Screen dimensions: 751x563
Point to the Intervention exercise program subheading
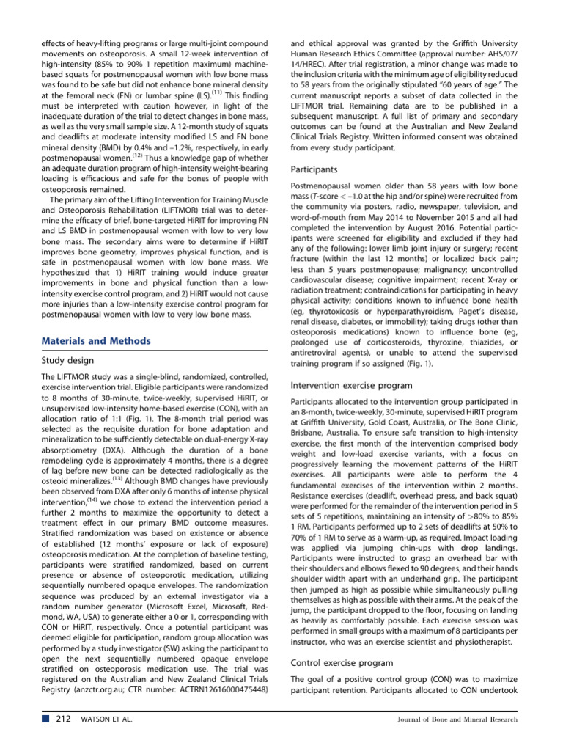(351, 385)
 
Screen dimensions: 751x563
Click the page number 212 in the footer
(63, 719)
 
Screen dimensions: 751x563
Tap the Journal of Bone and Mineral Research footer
(455, 719)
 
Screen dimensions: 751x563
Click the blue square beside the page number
(46, 719)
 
